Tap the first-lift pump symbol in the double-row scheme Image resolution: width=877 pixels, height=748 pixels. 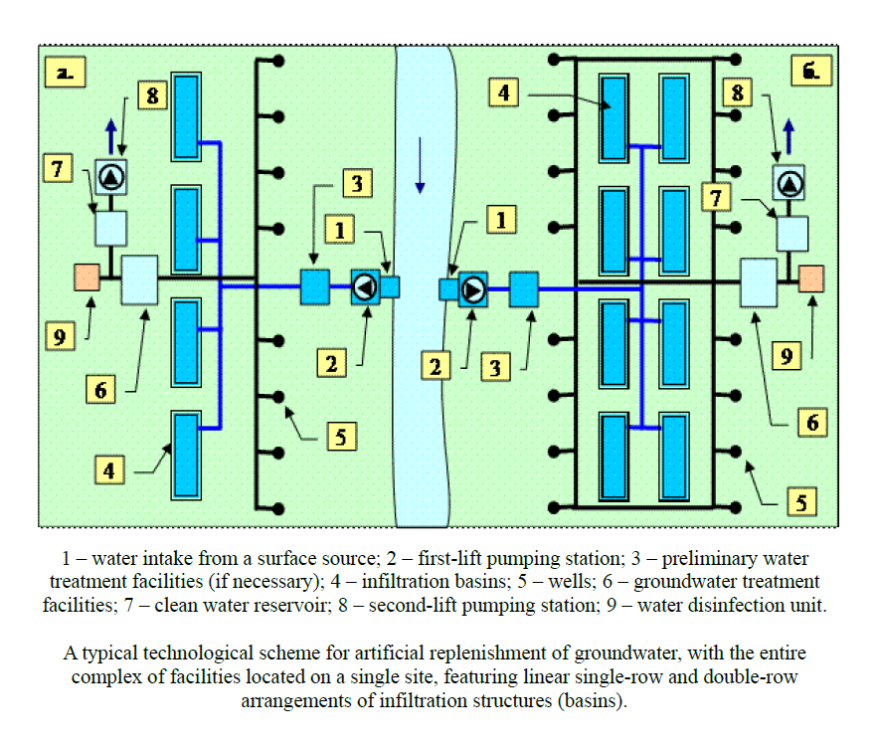pyautogui.click(x=472, y=289)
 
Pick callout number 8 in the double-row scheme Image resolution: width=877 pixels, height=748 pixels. pyautogui.click(x=737, y=94)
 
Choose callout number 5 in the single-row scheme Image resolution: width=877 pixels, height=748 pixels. pyautogui.click(x=339, y=436)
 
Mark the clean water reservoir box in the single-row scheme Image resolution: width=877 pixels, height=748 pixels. pyautogui.click(x=110, y=228)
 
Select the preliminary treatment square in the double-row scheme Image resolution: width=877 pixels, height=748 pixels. pyautogui.click(x=523, y=289)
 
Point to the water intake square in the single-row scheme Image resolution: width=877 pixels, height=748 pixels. pyautogui.click(x=390, y=286)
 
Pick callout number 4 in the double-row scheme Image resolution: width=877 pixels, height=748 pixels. pyautogui.click(x=503, y=94)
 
